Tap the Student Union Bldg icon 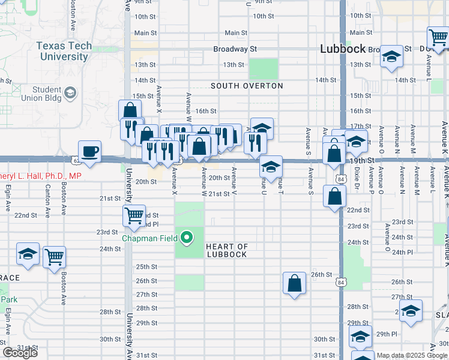click(x=70, y=92)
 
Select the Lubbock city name click(x=343, y=49)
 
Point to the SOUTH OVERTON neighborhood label click(x=247, y=86)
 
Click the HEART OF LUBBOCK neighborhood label click(x=226, y=250)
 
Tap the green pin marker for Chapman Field click(x=187, y=238)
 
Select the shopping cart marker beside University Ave click(x=134, y=215)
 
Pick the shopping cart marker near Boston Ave click(x=54, y=256)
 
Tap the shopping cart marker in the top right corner click(x=439, y=37)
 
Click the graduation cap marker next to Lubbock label click(x=391, y=57)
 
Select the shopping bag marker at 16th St click(x=130, y=110)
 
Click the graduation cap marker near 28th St click(x=411, y=311)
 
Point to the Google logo click(x=20, y=353)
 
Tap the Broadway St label click(x=237, y=49)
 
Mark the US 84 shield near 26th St click(x=340, y=282)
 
